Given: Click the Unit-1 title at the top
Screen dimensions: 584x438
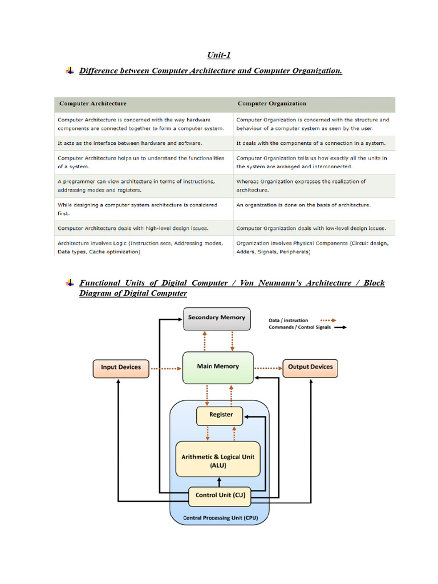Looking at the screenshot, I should [219, 55].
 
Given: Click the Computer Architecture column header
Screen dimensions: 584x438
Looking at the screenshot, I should [93, 104].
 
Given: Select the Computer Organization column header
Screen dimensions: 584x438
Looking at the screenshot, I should [271, 104].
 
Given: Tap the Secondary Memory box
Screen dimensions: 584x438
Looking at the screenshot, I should [217, 318].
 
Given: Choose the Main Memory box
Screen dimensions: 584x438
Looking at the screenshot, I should [218, 367].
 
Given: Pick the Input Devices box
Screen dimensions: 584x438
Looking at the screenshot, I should [121, 367].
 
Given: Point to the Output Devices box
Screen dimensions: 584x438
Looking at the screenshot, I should [310, 367].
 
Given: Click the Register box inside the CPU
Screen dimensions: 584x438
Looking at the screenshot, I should [221, 415].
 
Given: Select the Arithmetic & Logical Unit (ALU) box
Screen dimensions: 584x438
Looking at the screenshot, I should [218, 460].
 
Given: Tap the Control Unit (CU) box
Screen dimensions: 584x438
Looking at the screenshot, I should [220, 496].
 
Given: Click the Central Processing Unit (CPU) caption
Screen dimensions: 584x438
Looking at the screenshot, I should [219, 518].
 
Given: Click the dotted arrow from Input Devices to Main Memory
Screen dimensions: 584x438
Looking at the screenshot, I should [166, 368].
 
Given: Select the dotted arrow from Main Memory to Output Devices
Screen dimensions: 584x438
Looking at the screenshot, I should [268, 368].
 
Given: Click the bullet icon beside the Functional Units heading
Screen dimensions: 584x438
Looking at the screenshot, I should [70, 282].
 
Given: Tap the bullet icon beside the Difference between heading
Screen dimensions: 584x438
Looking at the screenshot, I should [70, 71].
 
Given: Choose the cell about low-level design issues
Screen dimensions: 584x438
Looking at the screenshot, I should [311, 228].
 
